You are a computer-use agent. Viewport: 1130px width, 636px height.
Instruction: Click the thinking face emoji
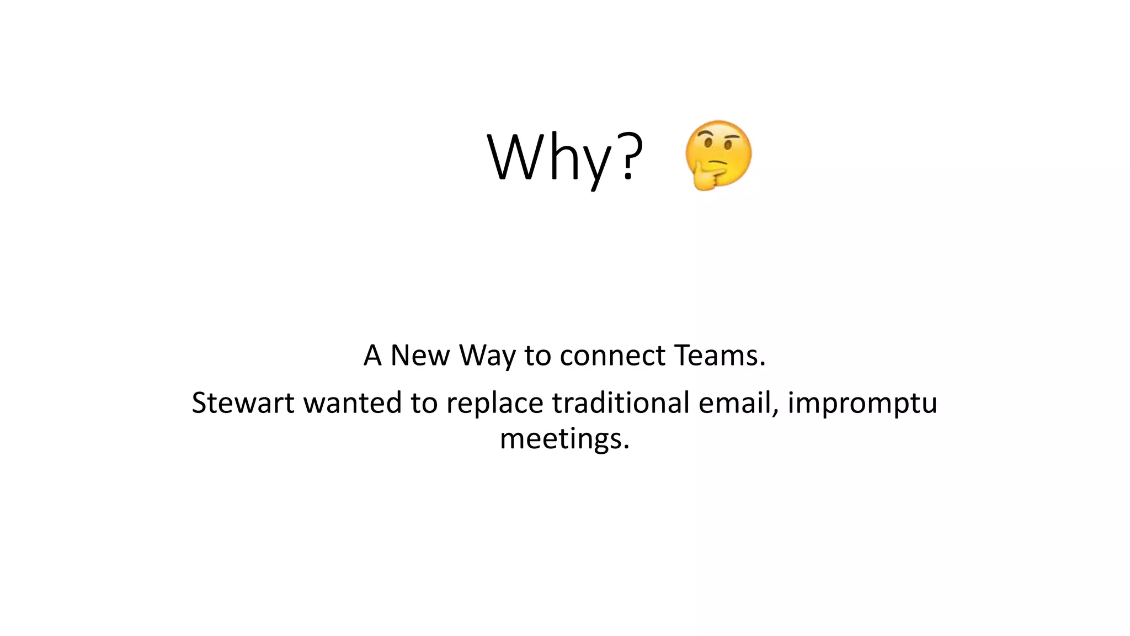tap(718, 155)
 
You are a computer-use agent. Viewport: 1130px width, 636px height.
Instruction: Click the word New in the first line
tap(420, 355)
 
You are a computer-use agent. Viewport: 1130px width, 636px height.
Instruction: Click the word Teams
tap(719, 355)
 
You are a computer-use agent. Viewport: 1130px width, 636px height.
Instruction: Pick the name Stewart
tap(243, 402)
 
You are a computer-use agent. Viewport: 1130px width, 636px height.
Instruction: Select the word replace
tap(494, 404)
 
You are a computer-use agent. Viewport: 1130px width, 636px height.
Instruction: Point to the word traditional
tap(621, 402)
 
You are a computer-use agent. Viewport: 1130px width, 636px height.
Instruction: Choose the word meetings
tap(564, 440)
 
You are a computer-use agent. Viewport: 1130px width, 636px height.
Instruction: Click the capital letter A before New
tap(372, 355)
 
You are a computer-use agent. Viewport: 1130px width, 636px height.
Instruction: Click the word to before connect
tap(538, 355)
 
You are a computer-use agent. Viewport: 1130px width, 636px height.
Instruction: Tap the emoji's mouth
tap(717, 163)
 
